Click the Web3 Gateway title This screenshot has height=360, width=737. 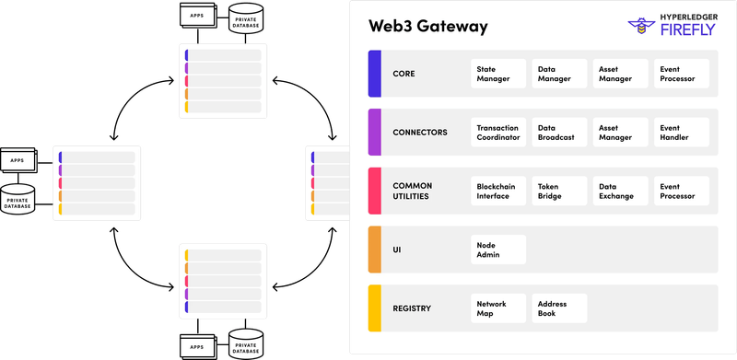click(428, 26)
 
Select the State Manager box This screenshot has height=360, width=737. click(497, 74)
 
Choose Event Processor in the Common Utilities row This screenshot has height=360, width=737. click(681, 191)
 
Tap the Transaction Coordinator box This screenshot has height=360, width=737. click(497, 133)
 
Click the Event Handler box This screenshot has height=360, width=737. click(681, 133)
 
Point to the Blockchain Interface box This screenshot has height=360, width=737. click(497, 191)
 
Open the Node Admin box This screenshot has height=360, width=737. click(497, 250)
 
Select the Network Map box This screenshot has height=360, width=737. click(497, 308)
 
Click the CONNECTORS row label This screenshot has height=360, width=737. click(419, 133)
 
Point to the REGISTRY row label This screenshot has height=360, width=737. click(412, 308)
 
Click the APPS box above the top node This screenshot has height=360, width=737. click(197, 17)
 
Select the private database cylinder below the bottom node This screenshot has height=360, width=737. click(245, 343)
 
